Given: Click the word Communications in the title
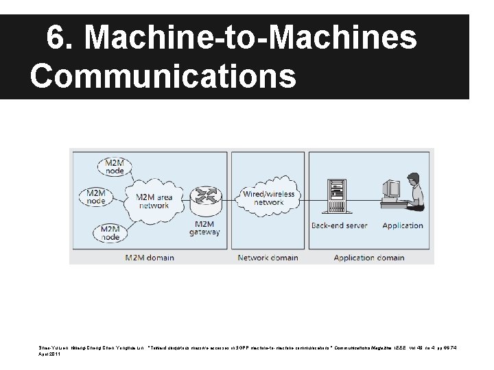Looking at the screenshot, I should coord(163,76).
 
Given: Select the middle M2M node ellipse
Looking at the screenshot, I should coord(96,197).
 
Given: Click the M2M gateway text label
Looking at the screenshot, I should coord(205,227).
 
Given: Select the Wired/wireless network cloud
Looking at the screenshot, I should coord(268,198).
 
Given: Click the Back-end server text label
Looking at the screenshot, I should coord(339,225).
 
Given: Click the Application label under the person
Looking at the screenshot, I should coord(402,225).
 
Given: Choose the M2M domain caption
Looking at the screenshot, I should coord(148,258).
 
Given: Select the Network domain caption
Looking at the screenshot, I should coord(268,258).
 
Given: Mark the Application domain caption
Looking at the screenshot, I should coord(368,258).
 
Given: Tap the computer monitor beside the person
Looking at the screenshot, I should coord(391,188).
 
